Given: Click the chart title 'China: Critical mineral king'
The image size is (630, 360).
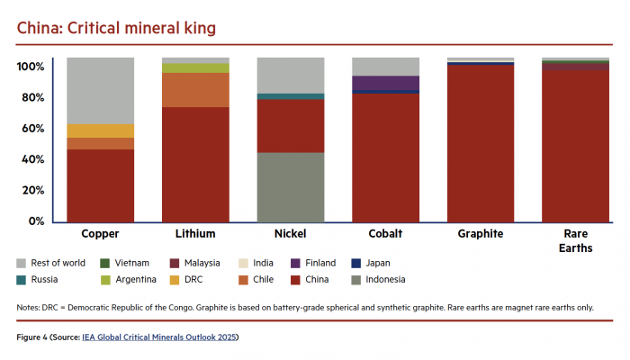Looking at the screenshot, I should pyautogui.click(x=116, y=28).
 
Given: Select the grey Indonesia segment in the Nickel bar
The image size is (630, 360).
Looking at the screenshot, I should pyautogui.click(x=291, y=187).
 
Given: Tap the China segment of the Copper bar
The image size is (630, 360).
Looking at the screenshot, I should pyautogui.click(x=100, y=184).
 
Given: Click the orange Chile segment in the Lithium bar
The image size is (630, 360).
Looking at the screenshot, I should pyautogui.click(x=195, y=90).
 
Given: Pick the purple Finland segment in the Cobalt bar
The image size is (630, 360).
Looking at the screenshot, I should pyautogui.click(x=385, y=82).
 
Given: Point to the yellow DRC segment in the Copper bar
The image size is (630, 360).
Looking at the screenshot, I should pyautogui.click(x=100, y=130).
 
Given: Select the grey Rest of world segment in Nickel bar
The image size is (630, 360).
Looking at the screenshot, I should pyautogui.click(x=291, y=75).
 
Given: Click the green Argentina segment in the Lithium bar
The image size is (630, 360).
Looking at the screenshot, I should pyautogui.click(x=195, y=68).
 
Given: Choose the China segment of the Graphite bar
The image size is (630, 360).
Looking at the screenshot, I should pyautogui.click(x=481, y=143).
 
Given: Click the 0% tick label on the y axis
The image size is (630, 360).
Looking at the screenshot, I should pyautogui.click(x=36, y=221).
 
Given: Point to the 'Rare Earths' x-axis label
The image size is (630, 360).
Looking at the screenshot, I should pyautogui.click(x=575, y=240).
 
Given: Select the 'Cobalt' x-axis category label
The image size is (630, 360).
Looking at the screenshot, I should pyautogui.click(x=385, y=234).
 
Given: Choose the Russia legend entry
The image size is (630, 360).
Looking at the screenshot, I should pyautogui.click(x=41, y=280).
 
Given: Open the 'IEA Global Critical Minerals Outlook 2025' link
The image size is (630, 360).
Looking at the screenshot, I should pyautogui.click(x=172, y=337).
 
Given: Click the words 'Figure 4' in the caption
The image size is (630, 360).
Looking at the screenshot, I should pyautogui.click(x=35, y=337).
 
